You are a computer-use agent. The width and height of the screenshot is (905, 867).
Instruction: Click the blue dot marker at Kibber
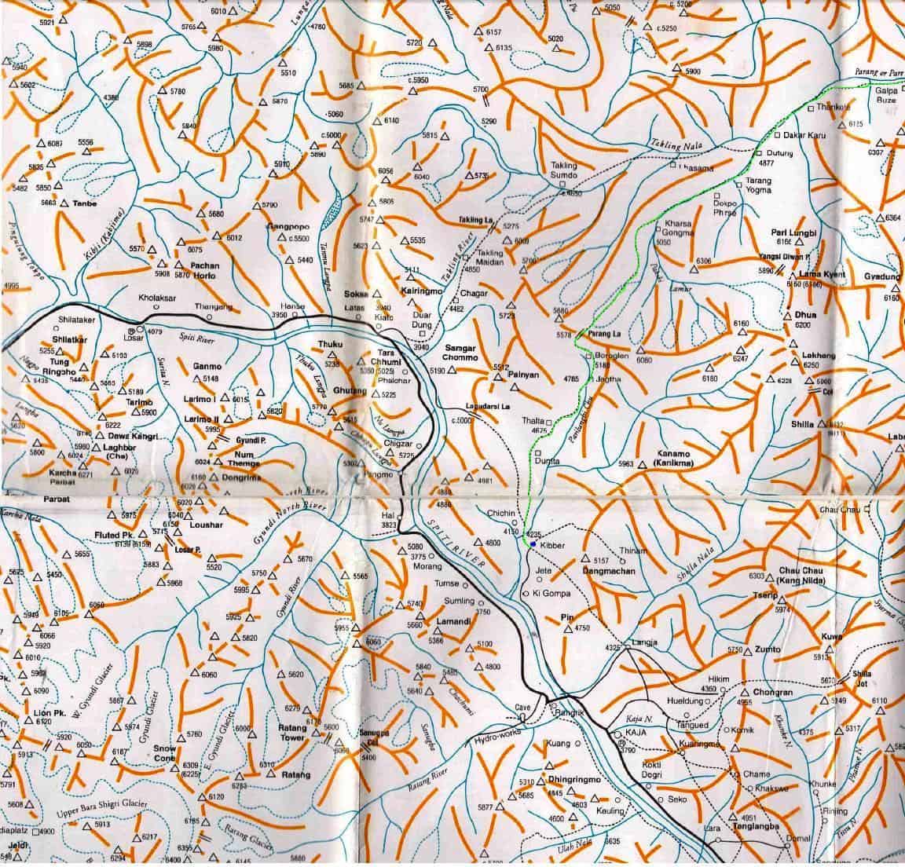point(533,544)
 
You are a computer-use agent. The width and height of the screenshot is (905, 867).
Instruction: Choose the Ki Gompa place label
point(551,593)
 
